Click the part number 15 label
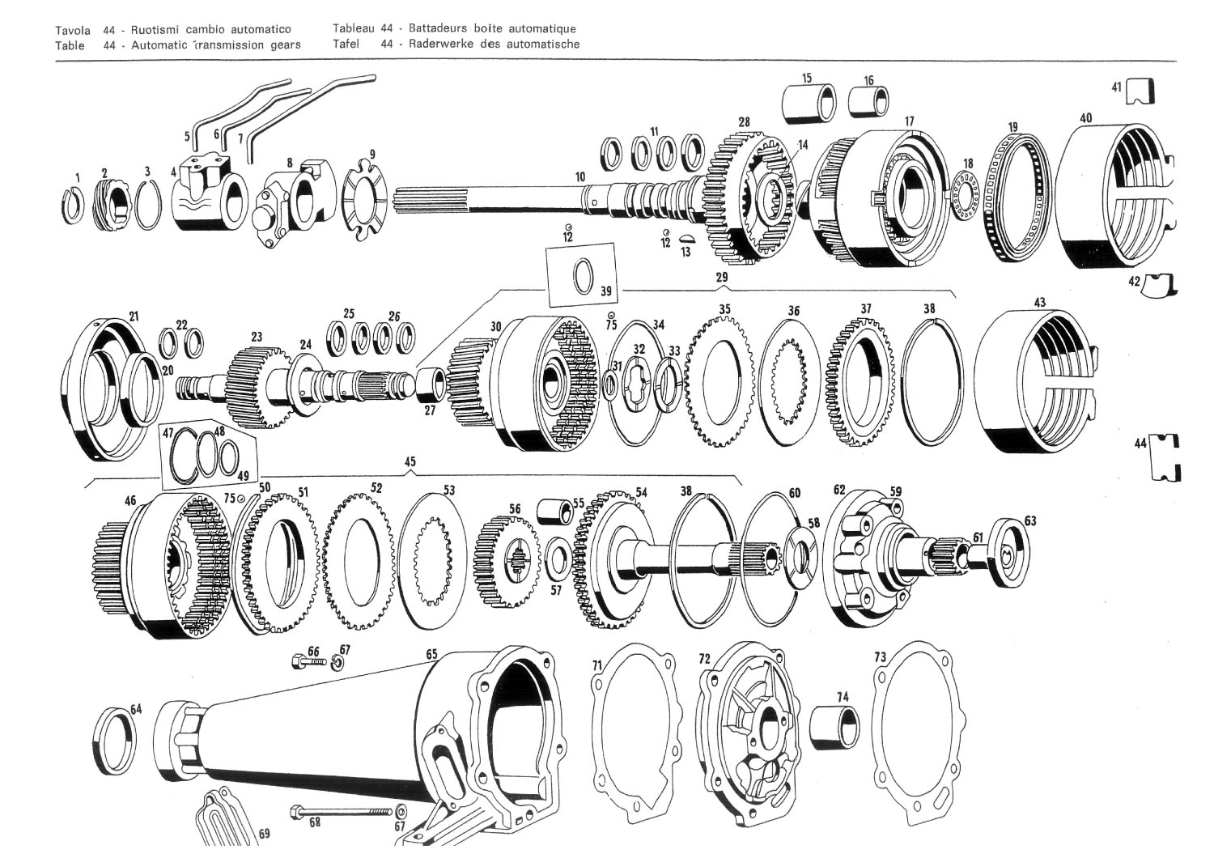click(x=807, y=79)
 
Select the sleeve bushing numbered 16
click(x=868, y=101)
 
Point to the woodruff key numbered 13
click(x=686, y=239)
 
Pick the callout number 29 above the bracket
click(x=722, y=278)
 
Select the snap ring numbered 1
click(x=72, y=206)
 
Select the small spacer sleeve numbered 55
click(x=554, y=512)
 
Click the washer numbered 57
click(x=556, y=559)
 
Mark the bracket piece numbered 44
click(x=1166, y=458)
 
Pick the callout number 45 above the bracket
click(x=410, y=461)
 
